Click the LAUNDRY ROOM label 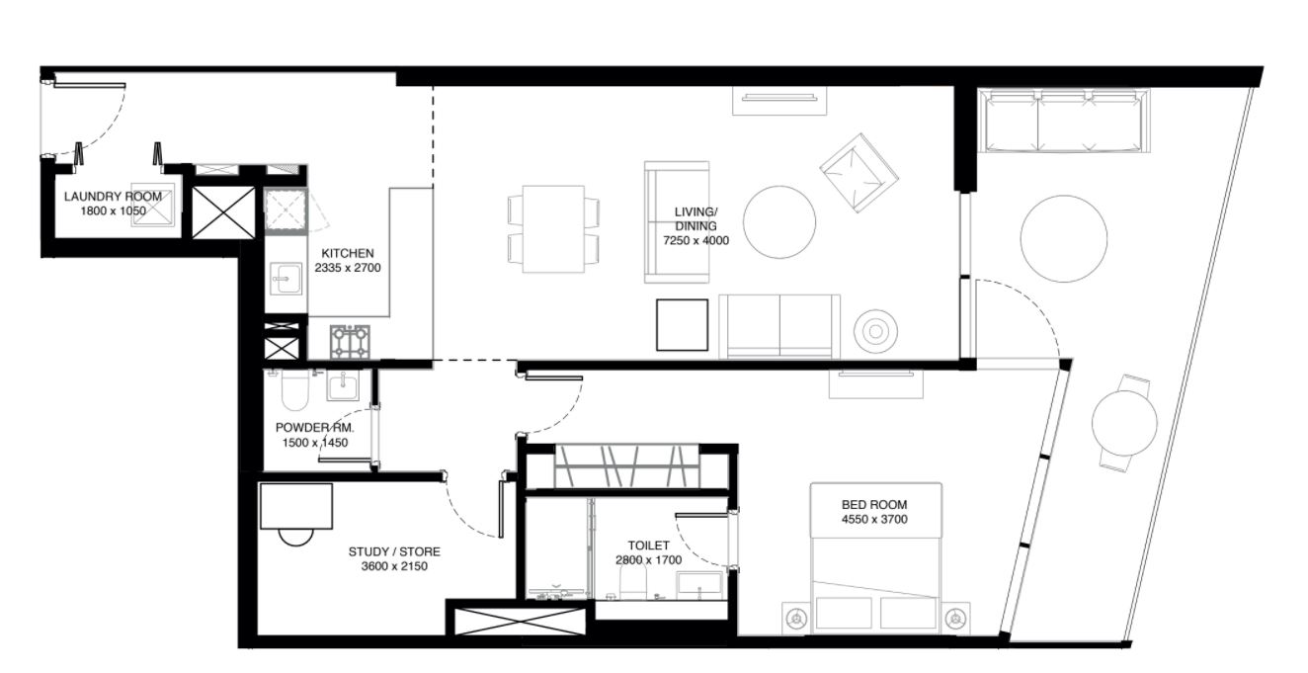pos(113,197)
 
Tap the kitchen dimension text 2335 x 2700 pos(348,268)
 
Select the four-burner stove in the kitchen pos(350,342)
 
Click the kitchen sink pos(286,278)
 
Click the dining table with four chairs pos(553,228)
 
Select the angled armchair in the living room pos(858,173)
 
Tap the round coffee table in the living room pos(778,222)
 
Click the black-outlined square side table pos(682,325)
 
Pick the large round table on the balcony pos(1063,238)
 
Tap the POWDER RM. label pos(315,428)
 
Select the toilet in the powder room pos(294,389)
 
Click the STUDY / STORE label pos(394,551)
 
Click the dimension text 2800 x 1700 pos(648,559)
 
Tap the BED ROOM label pos(874,504)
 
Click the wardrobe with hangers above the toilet pos(627,466)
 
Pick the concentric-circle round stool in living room pos(875,331)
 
